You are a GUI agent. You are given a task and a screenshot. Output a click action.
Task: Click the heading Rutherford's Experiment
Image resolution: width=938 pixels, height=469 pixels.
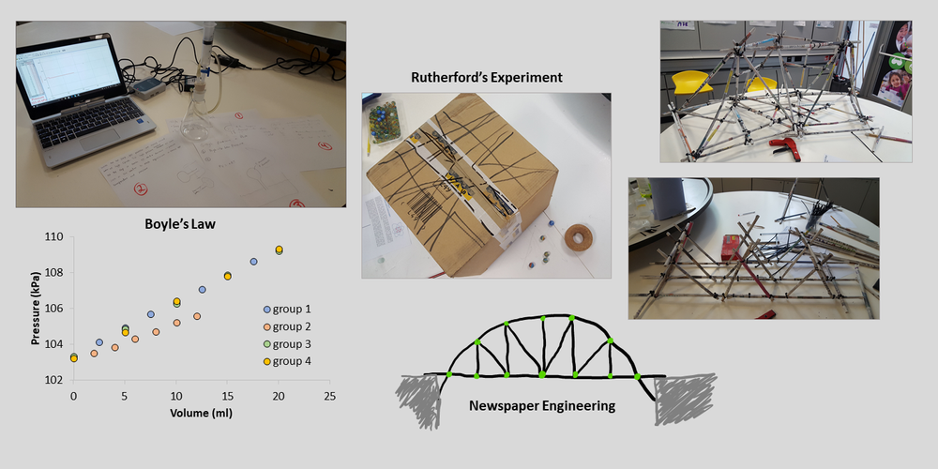[486, 78]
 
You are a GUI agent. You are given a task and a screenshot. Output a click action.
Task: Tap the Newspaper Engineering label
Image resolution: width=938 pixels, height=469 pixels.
[542, 406]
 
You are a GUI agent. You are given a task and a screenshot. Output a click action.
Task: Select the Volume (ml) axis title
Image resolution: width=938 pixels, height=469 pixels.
[201, 413]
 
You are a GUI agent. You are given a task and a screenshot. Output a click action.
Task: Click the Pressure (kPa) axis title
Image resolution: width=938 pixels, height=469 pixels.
[36, 310]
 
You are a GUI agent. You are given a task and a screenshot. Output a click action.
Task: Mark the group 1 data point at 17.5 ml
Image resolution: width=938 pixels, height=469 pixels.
[253, 262]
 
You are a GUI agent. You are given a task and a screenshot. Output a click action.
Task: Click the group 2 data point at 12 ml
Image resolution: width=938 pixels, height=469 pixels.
[197, 316]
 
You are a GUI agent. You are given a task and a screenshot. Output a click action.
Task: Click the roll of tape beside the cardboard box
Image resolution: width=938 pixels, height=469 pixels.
[578, 238]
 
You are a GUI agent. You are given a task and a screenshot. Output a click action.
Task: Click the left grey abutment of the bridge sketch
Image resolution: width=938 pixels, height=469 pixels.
[420, 399]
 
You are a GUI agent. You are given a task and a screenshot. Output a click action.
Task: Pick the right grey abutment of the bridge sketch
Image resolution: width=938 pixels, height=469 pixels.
[682, 400]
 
